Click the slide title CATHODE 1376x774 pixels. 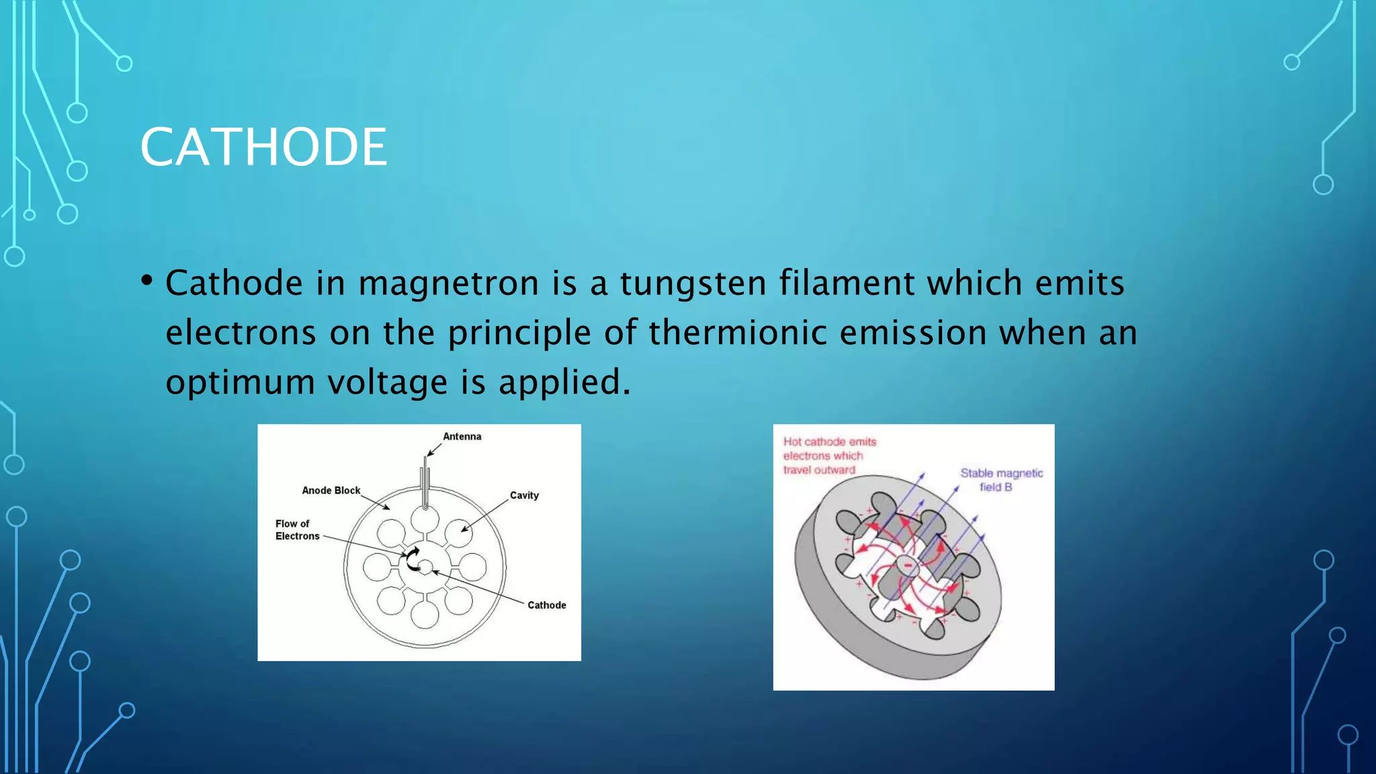(x=263, y=147)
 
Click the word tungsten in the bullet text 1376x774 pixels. (x=693, y=283)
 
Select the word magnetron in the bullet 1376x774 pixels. (x=448, y=283)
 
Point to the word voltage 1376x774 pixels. (x=388, y=382)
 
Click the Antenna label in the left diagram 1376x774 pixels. (x=462, y=437)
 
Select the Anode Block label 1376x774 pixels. (x=331, y=490)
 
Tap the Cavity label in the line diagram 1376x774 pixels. (x=524, y=495)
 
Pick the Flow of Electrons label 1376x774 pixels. (x=297, y=529)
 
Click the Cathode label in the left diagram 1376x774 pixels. (x=546, y=605)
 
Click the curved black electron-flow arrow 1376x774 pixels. (x=411, y=558)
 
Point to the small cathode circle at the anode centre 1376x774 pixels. (x=425, y=568)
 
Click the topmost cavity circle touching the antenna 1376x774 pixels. (x=425, y=519)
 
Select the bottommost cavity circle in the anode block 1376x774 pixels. (x=425, y=614)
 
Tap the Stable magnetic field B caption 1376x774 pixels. (x=1001, y=480)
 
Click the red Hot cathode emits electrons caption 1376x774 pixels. (x=829, y=456)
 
